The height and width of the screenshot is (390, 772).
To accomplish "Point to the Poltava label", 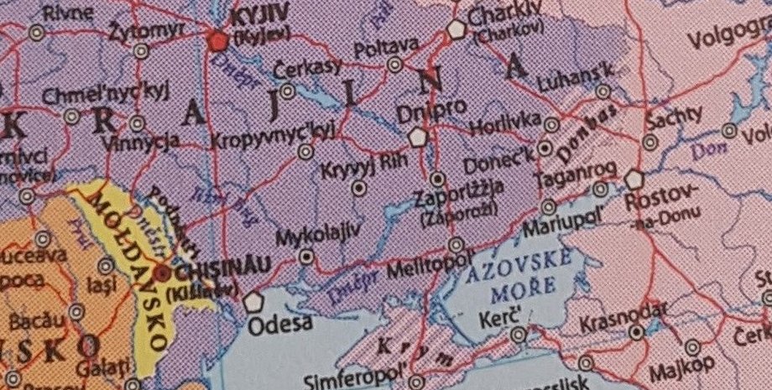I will [x=386, y=45].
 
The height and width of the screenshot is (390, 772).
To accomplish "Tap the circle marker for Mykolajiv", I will [x=308, y=257].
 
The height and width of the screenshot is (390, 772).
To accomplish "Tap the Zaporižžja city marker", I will [x=437, y=179].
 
